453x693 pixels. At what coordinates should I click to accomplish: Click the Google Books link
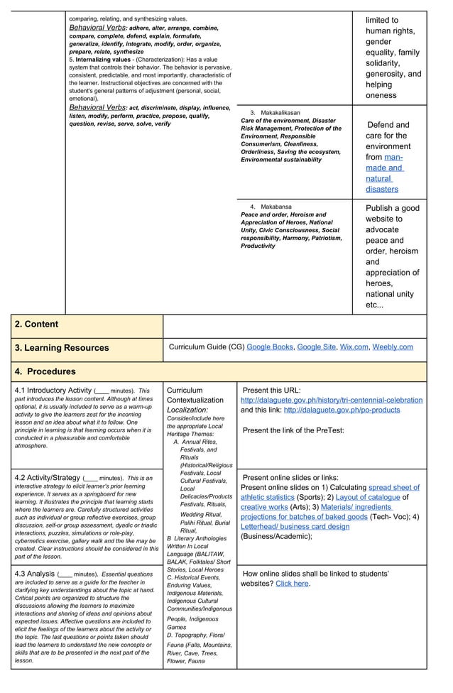pos(270,347)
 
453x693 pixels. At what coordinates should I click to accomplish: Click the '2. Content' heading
pos(36,324)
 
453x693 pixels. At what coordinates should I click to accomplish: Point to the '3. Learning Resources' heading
pos(62,348)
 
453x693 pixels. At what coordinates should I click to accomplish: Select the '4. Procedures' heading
pos(45,371)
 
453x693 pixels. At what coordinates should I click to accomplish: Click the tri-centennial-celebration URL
pos(332,400)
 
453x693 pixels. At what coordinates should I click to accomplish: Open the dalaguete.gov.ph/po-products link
pos(342,410)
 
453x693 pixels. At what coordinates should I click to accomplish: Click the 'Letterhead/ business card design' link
pos(295,527)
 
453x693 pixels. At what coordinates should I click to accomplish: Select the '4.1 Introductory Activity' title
pos(53,391)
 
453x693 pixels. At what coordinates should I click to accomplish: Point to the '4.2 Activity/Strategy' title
pos(48,478)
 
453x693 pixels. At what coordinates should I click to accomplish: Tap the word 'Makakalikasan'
pos(280,113)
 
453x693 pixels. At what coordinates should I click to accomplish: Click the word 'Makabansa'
pos(276,207)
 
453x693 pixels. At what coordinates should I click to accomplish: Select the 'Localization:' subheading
pos(187,410)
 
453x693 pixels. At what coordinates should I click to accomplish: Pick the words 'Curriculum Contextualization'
pos(194,395)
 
